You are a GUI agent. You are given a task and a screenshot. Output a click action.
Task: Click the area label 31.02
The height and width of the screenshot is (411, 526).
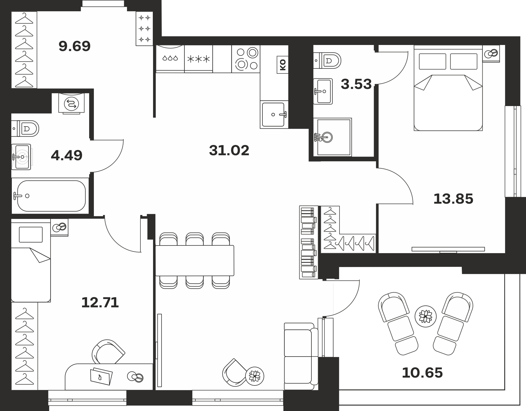click(229, 151)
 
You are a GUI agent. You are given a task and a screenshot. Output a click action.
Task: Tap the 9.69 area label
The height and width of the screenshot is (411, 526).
click(75, 46)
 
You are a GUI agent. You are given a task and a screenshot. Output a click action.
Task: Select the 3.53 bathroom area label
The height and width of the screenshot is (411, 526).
click(356, 84)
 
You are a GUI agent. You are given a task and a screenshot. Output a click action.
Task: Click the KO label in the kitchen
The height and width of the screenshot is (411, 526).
click(283, 65)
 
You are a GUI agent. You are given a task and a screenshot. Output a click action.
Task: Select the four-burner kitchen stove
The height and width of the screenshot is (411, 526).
click(246, 59)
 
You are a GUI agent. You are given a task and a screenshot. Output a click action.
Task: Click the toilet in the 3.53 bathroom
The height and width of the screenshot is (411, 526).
click(327, 61)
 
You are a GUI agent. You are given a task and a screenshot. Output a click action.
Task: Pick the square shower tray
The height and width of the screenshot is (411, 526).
click(332, 137)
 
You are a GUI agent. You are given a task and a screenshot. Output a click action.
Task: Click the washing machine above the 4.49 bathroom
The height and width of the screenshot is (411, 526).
click(72, 104)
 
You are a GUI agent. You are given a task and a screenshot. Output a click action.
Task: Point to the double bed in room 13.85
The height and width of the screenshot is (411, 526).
click(448, 88)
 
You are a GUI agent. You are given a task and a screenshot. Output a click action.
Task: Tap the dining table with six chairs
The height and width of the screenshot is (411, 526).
click(195, 260)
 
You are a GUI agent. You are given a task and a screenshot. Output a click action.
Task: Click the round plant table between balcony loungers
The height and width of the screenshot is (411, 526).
click(425, 316)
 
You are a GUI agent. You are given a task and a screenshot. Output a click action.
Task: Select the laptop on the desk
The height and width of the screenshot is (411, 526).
click(101, 376)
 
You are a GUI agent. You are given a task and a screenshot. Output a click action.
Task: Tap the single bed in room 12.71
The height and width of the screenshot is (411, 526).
click(31, 260)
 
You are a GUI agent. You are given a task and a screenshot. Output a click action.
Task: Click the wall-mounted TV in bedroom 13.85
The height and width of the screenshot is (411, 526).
click(448, 249)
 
